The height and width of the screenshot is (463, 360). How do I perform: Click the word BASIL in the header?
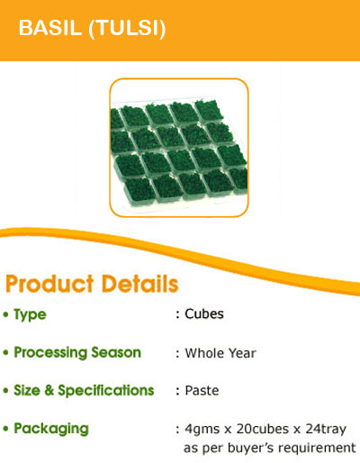50,28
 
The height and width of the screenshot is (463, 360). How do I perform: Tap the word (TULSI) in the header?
127,29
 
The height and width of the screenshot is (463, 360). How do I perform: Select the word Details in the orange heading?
140,284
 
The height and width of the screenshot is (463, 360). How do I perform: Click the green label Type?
30,315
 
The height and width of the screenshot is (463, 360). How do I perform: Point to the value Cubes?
204,314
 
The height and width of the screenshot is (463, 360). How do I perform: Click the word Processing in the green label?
51,353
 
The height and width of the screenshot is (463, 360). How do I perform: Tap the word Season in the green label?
116,352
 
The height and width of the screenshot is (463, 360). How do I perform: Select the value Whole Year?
220,353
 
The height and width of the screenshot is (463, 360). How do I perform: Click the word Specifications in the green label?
106,391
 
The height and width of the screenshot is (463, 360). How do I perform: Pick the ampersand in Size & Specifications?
49,390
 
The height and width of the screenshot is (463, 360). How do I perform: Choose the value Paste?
202,391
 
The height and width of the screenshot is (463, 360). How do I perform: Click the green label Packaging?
51,429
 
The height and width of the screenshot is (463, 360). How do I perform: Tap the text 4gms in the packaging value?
202,430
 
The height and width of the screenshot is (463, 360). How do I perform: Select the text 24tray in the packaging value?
326,430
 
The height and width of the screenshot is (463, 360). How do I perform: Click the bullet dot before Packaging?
6,429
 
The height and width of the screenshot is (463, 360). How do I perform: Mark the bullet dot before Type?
6,314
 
